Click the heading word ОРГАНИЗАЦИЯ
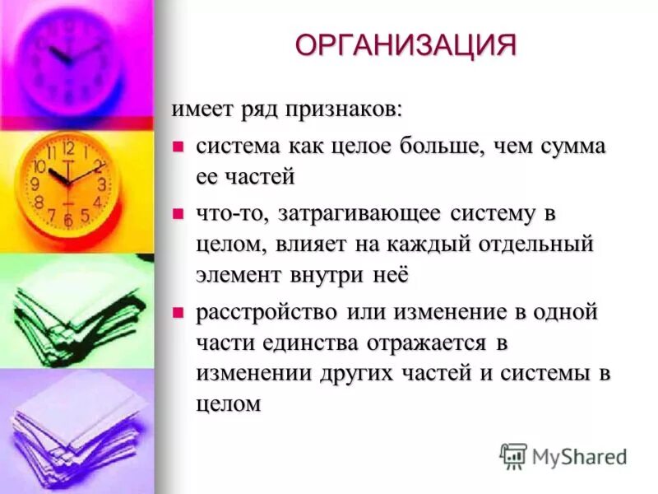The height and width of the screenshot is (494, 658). [x=406, y=45]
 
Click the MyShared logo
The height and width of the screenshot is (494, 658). [x=563, y=456]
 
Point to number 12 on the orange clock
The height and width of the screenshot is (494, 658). [x=68, y=149]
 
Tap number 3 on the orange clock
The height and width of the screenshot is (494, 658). [x=101, y=184]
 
